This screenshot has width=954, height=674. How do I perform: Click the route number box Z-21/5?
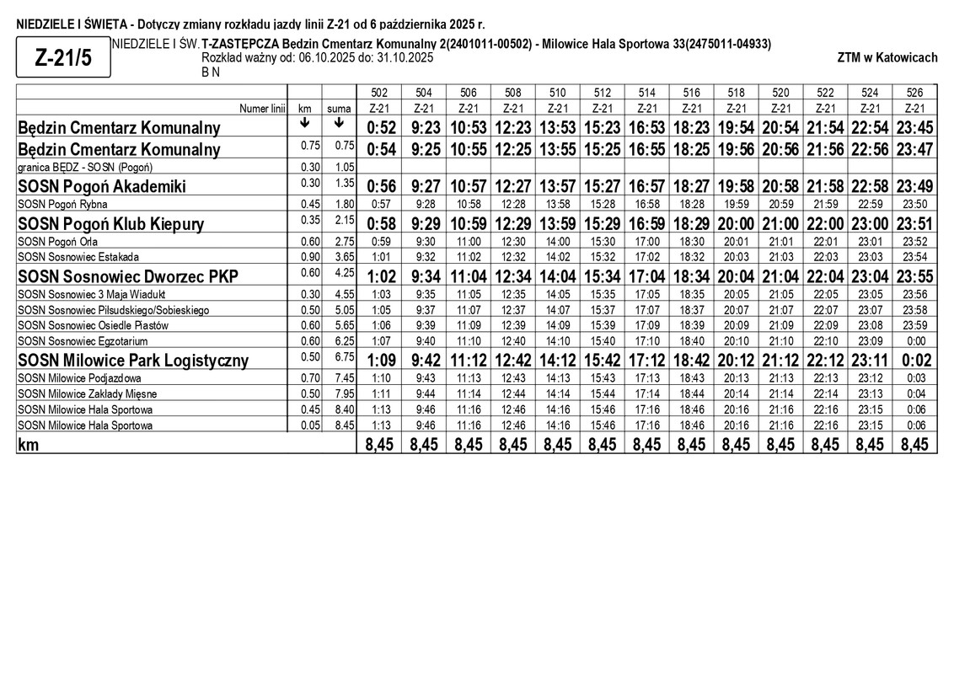point(62,58)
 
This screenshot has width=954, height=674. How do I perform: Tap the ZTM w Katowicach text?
point(887,58)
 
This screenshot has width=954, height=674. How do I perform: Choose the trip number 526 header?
point(914,93)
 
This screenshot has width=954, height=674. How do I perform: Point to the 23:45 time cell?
point(914,127)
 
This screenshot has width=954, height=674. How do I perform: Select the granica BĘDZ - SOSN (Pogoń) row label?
point(85,167)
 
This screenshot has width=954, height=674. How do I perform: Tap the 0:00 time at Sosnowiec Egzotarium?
point(914,341)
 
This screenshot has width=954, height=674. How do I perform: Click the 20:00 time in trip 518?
point(736,224)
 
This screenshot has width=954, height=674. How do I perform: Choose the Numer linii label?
point(262,109)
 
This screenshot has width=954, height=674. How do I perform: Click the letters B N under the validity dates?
point(211,72)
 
